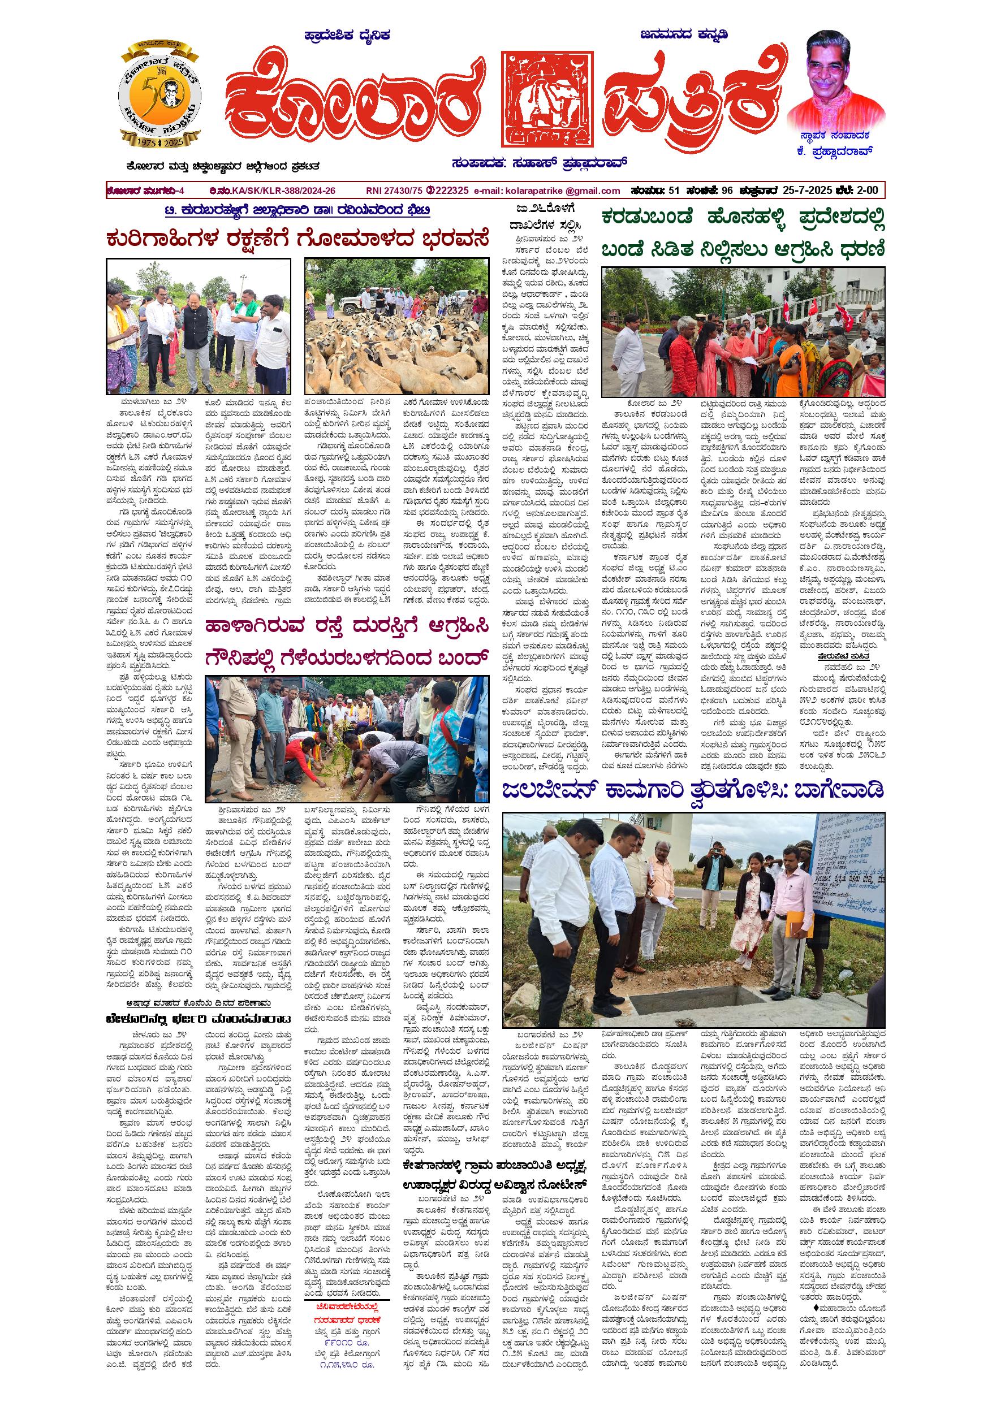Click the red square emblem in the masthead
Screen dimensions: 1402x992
click(x=547, y=99)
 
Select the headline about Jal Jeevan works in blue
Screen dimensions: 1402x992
click(x=693, y=791)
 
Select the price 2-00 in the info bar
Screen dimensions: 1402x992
click(x=867, y=191)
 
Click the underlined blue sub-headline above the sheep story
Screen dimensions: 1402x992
click(x=298, y=211)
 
